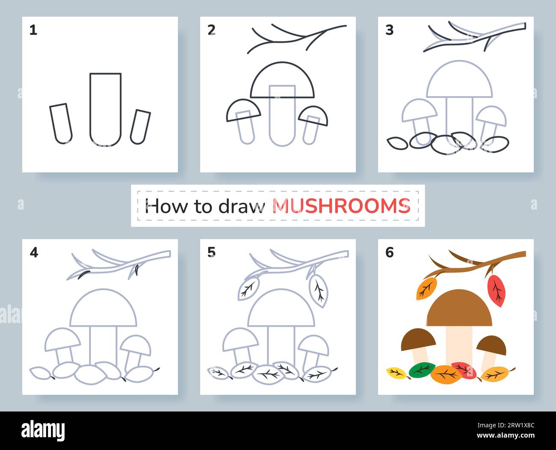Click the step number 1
point(33,30)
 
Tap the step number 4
point(34,253)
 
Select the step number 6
point(389,253)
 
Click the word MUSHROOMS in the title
point(341,206)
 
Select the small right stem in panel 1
point(140,127)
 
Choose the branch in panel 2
point(295,38)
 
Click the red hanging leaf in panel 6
point(496,290)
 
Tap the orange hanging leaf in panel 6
point(426,289)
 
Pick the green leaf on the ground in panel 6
point(421,370)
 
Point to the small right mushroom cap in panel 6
point(491,344)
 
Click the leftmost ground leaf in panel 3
point(397,143)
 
